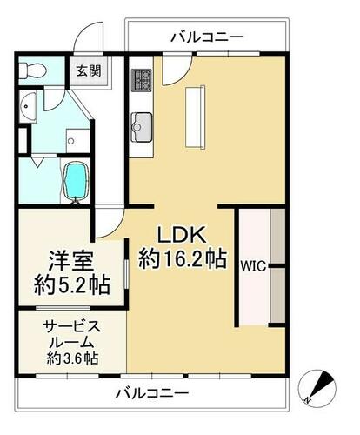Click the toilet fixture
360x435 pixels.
[32, 70]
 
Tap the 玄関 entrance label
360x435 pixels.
[89, 71]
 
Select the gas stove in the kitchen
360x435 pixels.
[142, 80]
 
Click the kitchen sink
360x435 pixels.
[141, 127]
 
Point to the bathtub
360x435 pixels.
[76, 181]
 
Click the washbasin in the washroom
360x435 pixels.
[28, 106]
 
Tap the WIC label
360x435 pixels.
[253, 266]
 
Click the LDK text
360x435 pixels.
[182, 235]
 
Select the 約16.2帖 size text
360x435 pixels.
[183, 259]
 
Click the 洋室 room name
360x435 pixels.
[71, 261]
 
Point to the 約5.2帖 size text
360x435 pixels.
[72, 285]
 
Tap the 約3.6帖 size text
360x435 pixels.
[72, 358]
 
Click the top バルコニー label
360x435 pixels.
[207, 38]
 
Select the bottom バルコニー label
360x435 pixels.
[152, 393]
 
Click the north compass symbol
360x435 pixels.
[317, 387]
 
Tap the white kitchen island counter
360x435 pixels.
[195, 117]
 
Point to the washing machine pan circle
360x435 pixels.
[71, 141]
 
